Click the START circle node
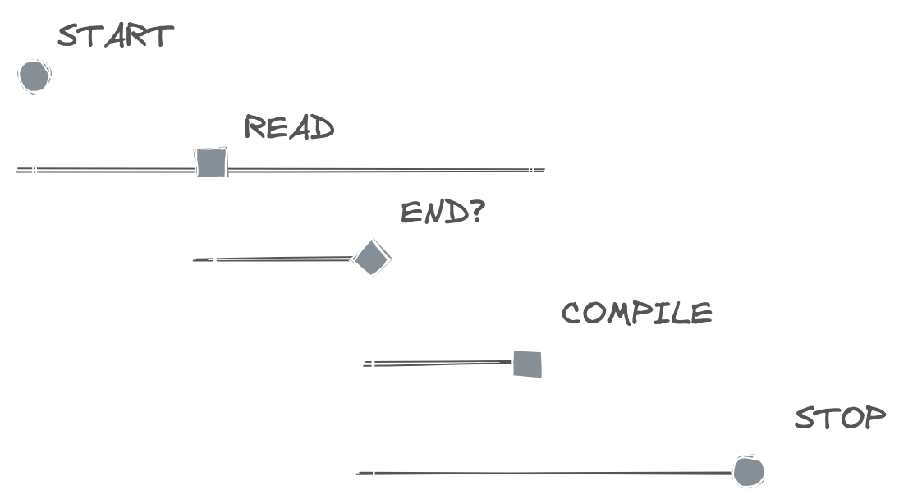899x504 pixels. tap(34, 76)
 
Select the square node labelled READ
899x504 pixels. tap(210, 163)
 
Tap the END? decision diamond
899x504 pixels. tap(370, 259)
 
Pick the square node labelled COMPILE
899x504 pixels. tap(528, 364)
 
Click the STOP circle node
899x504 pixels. tap(749, 472)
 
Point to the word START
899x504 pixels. tap(116, 36)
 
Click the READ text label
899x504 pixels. tap(289, 128)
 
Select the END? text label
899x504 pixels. tap(443, 213)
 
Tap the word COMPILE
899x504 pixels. tap(636, 313)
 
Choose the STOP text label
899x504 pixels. tap(840, 418)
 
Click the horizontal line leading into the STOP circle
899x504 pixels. tap(550, 474)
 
